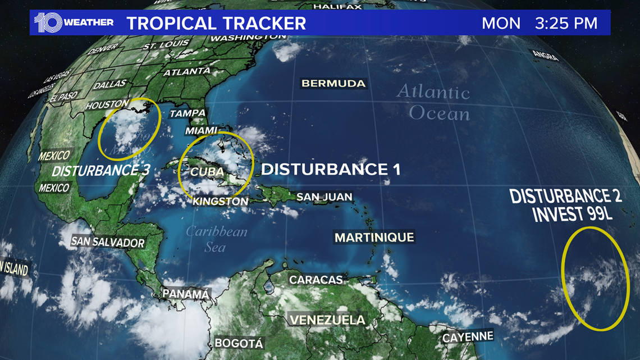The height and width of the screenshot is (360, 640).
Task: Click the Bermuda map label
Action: pyautogui.click(x=333, y=83)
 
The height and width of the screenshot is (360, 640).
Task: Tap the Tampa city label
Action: pyautogui.click(x=188, y=113)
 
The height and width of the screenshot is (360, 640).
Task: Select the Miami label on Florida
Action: pyautogui.click(x=201, y=130)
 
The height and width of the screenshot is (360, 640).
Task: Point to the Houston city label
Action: pyautogui.click(x=107, y=105)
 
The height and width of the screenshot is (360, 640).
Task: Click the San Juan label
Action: pyautogui.click(x=324, y=197)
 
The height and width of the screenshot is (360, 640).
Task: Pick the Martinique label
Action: pyautogui.click(x=374, y=237)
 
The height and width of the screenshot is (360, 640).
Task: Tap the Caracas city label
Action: pyautogui.click(x=316, y=280)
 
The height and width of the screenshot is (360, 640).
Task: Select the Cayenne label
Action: pyautogui.click(x=468, y=338)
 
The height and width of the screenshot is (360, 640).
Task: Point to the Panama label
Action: pyautogui.click(x=185, y=294)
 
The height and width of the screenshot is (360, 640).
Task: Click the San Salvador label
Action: pyautogui.click(x=108, y=242)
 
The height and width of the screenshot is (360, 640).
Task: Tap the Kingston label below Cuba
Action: pyautogui.click(x=220, y=201)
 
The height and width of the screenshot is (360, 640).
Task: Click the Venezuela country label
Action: pyautogui.click(x=327, y=320)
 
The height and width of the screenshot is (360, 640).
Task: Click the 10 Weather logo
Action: pyautogui.click(x=74, y=22)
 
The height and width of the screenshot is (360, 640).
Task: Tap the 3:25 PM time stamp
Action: pyautogui.click(x=566, y=24)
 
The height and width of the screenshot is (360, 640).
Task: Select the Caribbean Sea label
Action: pyautogui.click(x=216, y=239)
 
